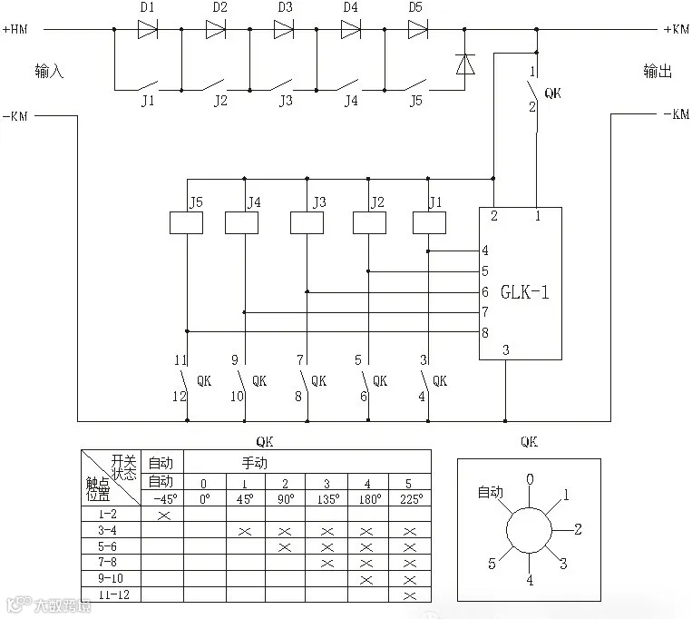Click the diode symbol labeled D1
point(148,29)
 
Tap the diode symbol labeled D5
point(417,29)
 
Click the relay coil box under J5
point(186,222)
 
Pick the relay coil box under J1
point(428,222)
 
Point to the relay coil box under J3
point(307,222)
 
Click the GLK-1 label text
point(525,292)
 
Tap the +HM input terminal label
point(15,29)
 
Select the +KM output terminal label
point(676,29)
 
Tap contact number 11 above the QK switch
point(180,360)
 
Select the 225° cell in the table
point(409,499)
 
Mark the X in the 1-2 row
point(163,516)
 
